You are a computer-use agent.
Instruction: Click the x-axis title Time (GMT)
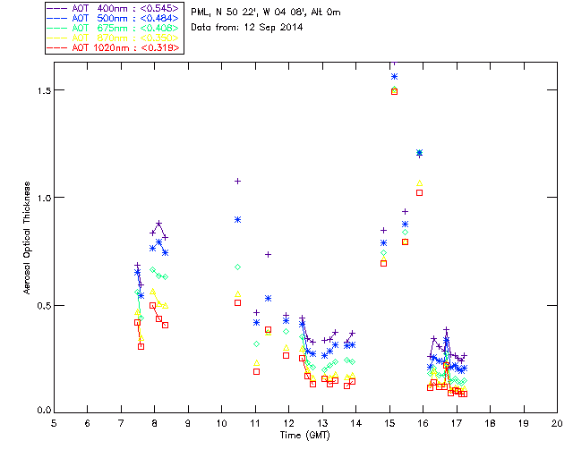(304, 435)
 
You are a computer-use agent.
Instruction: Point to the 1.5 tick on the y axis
(41, 90)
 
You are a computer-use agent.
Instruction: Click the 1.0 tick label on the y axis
(41, 198)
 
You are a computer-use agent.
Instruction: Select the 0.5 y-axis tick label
(41, 305)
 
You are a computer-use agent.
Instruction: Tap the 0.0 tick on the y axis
(41, 411)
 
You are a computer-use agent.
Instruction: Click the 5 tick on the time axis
(54, 422)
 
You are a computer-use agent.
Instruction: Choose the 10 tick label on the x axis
(221, 422)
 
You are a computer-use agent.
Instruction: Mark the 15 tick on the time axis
(389, 422)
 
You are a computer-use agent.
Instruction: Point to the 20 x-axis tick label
(556, 422)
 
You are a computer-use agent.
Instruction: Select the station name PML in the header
(201, 13)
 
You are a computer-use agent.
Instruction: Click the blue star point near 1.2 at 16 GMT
(419, 153)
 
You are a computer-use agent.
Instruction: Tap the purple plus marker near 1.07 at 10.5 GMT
(238, 181)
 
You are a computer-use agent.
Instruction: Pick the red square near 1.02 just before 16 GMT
(419, 192)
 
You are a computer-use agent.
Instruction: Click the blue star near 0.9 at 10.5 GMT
(238, 219)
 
